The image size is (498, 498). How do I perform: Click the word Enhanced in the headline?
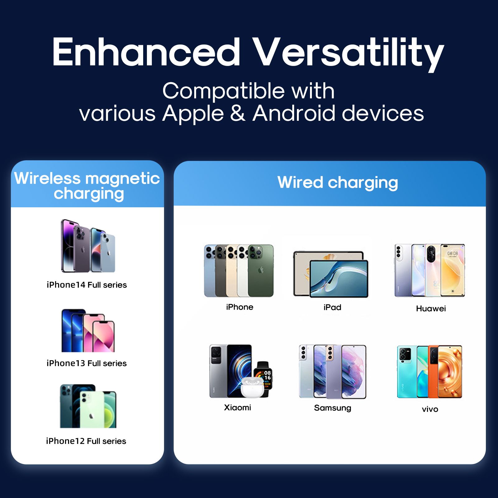(146, 52)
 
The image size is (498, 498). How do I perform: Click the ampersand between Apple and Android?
(238, 113)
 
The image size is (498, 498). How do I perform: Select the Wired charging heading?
(338, 183)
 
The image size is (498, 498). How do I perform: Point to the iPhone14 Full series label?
(87, 285)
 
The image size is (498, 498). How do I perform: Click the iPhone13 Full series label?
(87, 363)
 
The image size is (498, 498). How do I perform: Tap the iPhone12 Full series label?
(86, 441)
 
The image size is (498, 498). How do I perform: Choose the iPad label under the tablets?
(332, 308)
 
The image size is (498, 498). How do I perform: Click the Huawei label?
(431, 308)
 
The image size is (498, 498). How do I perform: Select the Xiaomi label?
(237, 407)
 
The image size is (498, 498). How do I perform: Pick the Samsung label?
(333, 408)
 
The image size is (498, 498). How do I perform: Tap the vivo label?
(430, 409)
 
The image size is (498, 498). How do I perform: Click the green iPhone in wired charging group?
(261, 270)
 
